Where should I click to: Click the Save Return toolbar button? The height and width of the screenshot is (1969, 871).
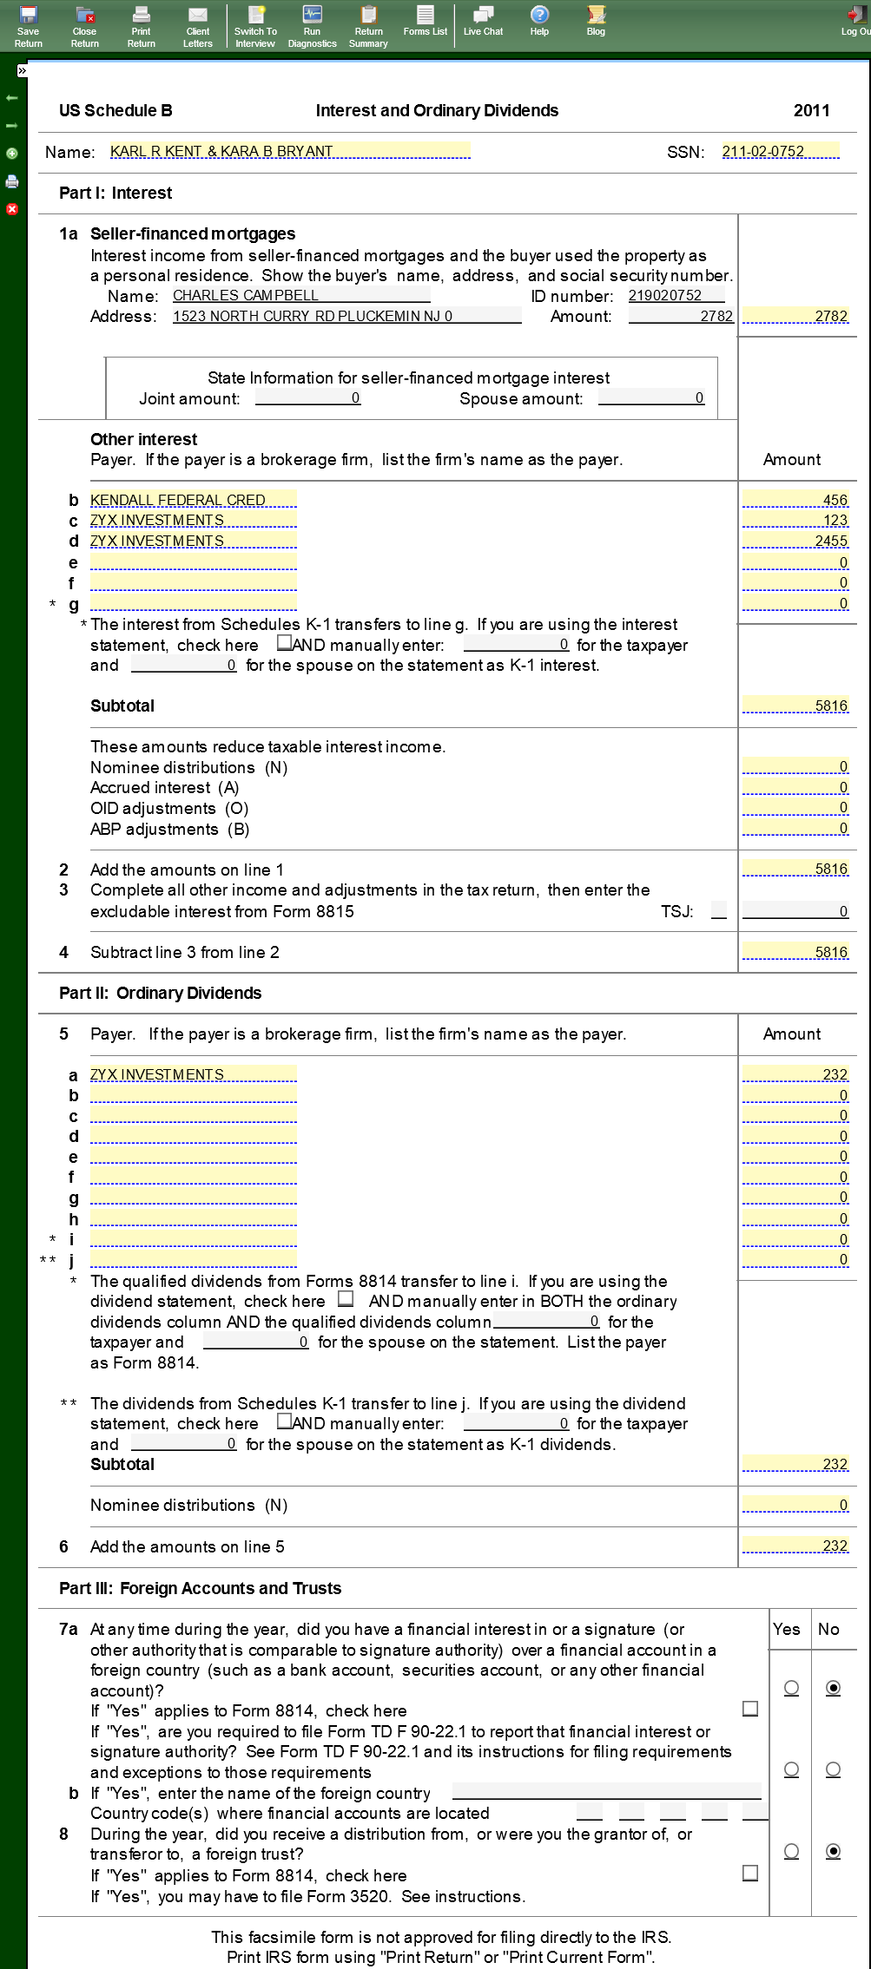pyautogui.click(x=28, y=26)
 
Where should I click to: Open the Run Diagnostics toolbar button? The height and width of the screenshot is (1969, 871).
pyautogui.click(x=312, y=26)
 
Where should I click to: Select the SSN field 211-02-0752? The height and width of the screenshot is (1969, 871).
pyautogui.click(x=780, y=152)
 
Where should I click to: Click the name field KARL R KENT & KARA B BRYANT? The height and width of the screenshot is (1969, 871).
pyautogui.click(x=289, y=152)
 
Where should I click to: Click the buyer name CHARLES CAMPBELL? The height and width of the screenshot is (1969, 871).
pyautogui.click(x=300, y=296)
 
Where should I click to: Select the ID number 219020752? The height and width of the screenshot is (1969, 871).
pyautogui.click(x=676, y=296)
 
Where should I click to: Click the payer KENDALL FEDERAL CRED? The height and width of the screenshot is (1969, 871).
pyautogui.click(x=193, y=501)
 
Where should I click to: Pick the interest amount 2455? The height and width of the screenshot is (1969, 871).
pyautogui.click(x=795, y=541)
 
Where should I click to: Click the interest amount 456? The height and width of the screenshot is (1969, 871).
pyautogui.click(x=795, y=501)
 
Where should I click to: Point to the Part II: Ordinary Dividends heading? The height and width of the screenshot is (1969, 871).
pyautogui.click(x=160, y=994)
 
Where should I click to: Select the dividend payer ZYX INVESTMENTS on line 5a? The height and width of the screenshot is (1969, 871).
pyautogui.click(x=193, y=1075)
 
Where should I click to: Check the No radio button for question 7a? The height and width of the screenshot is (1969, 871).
pyautogui.click(x=833, y=1688)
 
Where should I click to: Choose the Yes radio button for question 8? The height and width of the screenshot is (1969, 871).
pyautogui.click(x=791, y=1851)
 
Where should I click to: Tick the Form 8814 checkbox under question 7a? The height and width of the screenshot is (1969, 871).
pyautogui.click(x=750, y=1709)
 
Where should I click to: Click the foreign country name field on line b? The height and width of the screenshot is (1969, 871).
pyautogui.click(x=606, y=1792)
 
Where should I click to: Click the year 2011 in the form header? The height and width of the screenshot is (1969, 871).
pyautogui.click(x=811, y=111)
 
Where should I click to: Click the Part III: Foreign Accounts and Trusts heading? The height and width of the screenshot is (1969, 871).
pyautogui.click(x=200, y=1589)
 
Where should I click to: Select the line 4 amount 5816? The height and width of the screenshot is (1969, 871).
pyautogui.click(x=795, y=953)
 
